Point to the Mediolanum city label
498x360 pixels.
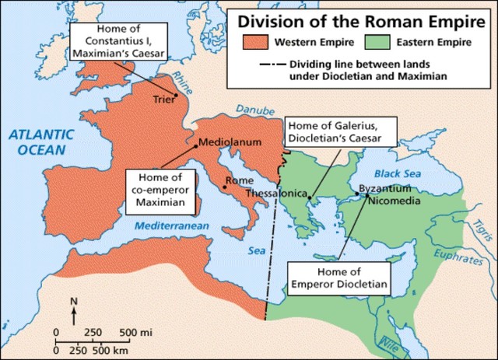[x=230, y=142]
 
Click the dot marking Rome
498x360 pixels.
[x=225, y=187]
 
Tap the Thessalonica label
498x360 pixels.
[x=275, y=193]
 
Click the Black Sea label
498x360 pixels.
[x=397, y=173]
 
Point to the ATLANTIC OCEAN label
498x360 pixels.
[x=41, y=141]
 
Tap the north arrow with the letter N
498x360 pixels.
[x=73, y=309]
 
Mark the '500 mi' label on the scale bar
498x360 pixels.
[x=135, y=333]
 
